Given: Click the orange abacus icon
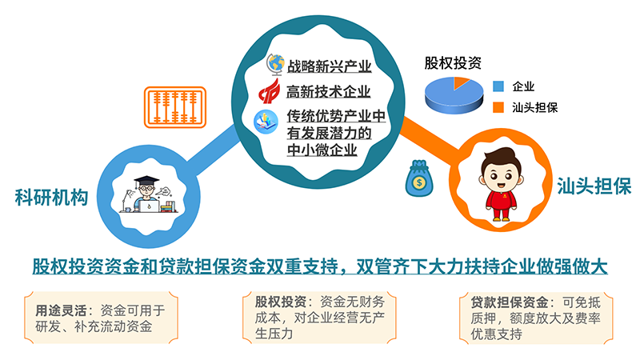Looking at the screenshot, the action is [174, 107].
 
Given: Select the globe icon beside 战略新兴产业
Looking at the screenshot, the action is [275, 65].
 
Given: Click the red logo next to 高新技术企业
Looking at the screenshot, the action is [270, 91].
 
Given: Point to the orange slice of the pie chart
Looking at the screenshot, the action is [461, 82].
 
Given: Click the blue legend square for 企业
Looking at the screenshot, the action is [498, 86].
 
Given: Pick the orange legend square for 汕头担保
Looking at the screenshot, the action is [498, 107].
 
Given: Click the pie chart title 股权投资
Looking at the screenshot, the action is [453, 63].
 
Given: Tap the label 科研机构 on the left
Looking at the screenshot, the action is [51, 197].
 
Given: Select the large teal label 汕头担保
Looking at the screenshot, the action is [594, 186].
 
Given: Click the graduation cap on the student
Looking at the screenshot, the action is [146, 180].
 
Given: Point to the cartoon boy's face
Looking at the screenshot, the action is [501, 175].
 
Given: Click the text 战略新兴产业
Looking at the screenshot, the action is [329, 66].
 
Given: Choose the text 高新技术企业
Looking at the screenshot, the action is [328, 91].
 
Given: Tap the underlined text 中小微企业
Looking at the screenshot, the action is [322, 150].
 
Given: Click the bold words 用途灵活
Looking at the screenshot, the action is [61, 310].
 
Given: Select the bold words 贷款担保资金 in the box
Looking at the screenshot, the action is [510, 302].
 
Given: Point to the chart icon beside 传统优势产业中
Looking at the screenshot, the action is [266, 122].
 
